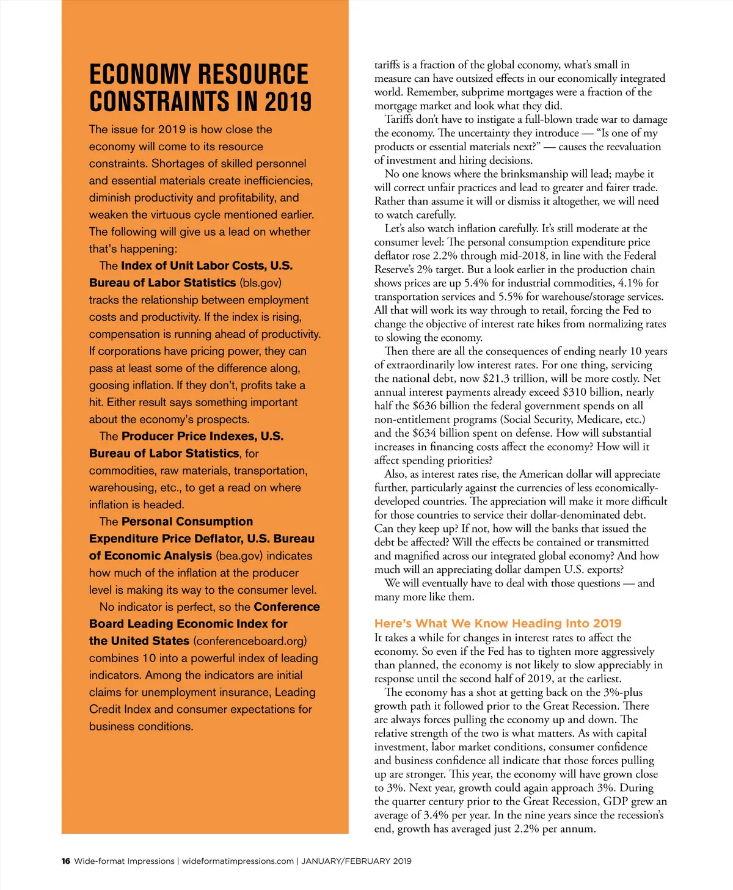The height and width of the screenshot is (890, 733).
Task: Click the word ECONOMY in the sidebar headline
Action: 140,75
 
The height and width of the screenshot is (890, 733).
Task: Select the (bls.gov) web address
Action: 261,283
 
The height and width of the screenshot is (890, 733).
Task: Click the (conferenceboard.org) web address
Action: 250,641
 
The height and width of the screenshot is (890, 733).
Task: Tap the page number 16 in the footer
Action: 66,861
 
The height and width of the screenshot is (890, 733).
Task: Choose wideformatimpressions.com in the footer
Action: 238,861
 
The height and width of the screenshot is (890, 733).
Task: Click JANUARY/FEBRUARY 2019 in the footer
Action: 357,861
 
